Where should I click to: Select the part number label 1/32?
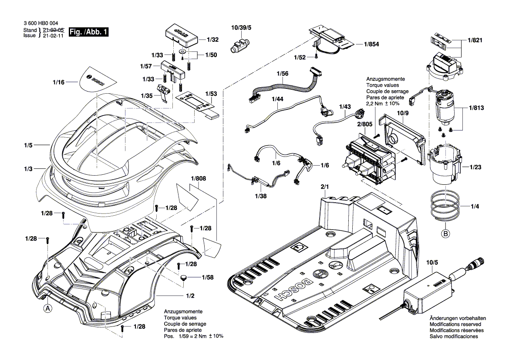coord(212,40)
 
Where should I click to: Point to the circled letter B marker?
coord(445,234)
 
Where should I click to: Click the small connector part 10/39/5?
coord(239,45)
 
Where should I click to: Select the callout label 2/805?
coord(364,124)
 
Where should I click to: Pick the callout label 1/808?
coord(198,178)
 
